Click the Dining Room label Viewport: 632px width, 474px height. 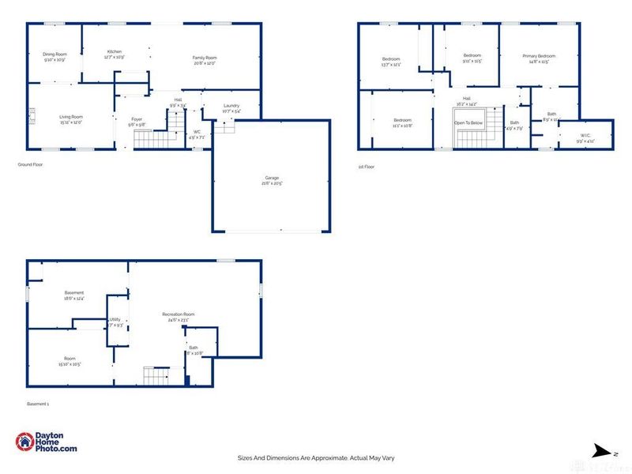pyautogui.click(x=55, y=55)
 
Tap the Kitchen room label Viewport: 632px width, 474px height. pyautogui.click(x=115, y=52)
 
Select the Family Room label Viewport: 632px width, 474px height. pyautogui.click(x=205, y=58)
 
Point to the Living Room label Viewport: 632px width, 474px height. pyautogui.click(x=72, y=117)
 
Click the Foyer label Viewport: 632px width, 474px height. pyautogui.click(x=137, y=120)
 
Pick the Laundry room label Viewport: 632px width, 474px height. pyautogui.click(x=231, y=106)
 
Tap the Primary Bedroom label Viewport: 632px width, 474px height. pyautogui.click(x=540, y=56)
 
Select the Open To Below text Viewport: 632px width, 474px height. pyautogui.click(x=468, y=123)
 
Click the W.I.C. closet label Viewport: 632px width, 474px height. pyautogui.click(x=585, y=135)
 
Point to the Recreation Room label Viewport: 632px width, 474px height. pyautogui.click(x=179, y=314)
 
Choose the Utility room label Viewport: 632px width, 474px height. pyautogui.click(x=115, y=320)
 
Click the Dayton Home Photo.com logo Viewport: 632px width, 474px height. pyautogui.click(x=47, y=442)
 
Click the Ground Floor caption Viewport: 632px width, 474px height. pyautogui.click(x=29, y=165)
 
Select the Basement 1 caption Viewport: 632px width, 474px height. pyautogui.click(x=38, y=404)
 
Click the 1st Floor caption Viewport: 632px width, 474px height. pyautogui.click(x=366, y=167)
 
